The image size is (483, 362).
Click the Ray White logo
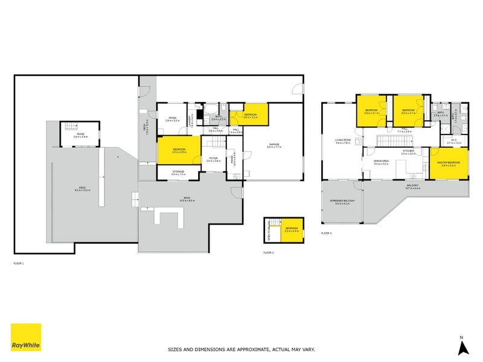tap(26, 337)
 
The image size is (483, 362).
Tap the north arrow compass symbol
tap(462, 346)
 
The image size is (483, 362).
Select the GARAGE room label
tap(274, 144)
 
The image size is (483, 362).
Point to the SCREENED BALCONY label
tap(342, 201)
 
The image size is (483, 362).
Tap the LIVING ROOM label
tap(343, 141)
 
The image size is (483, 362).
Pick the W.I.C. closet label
tap(453, 142)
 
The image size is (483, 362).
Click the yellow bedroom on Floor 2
tap(292, 229)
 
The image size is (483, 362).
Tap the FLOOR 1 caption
tap(19, 264)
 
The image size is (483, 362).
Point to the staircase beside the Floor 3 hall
tap(389, 141)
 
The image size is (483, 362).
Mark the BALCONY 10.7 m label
tap(413, 186)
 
